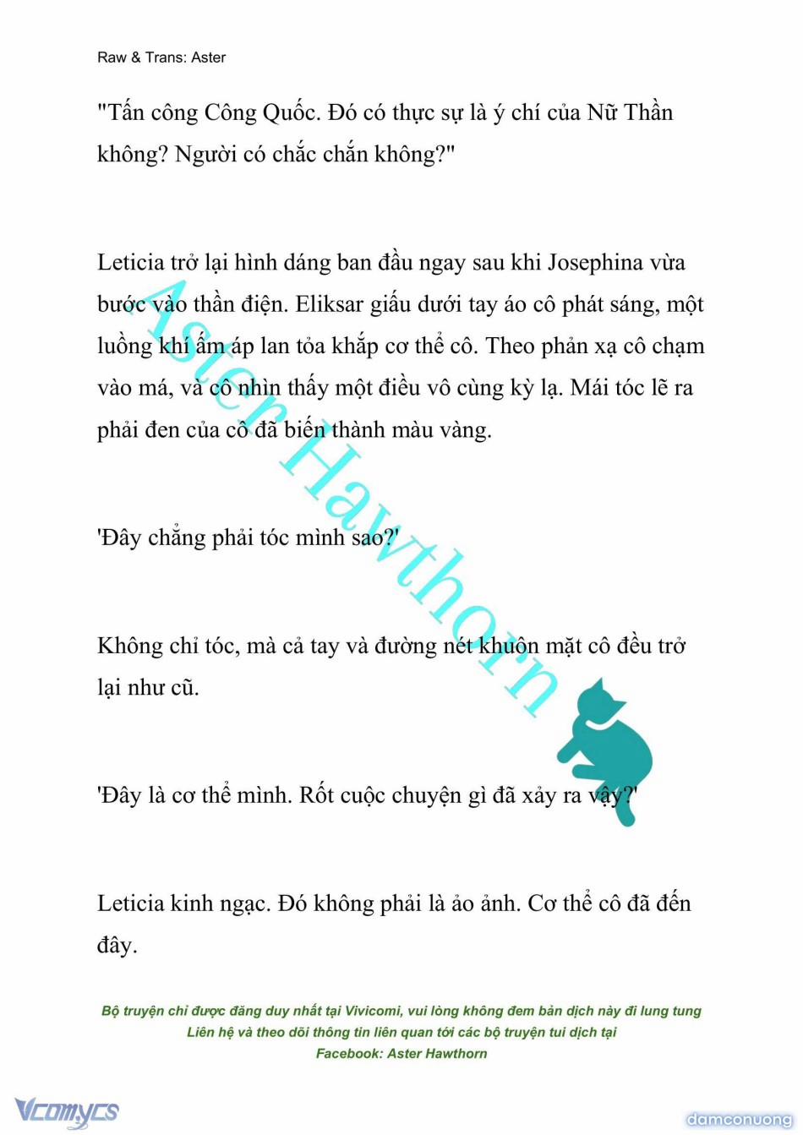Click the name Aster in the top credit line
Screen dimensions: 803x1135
coord(209,57)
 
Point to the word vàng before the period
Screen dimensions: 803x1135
coord(462,430)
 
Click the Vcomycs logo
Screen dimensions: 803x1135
coord(67,1110)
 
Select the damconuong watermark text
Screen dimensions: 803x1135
coord(739,1120)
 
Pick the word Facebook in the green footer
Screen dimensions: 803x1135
coord(349,1054)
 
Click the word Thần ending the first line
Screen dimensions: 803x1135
coord(648,113)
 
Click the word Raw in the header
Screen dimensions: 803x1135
coord(112,57)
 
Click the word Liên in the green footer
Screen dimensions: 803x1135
coord(201,1032)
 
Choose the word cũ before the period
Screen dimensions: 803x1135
coord(183,688)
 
